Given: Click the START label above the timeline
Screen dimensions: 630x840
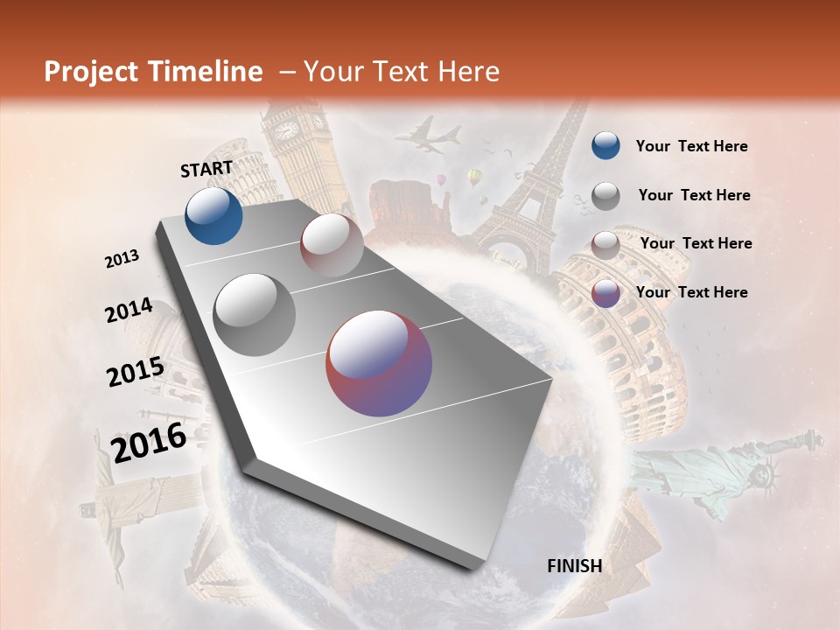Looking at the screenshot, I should click(x=206, y=168).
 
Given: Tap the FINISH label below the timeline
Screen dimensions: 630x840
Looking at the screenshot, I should click(x=574, y=565).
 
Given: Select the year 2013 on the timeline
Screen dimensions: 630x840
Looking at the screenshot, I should click(x=122, y=259).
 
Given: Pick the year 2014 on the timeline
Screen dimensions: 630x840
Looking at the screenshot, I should click(x=129, y=311).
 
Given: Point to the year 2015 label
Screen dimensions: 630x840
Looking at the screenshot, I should click(x=135, y=371).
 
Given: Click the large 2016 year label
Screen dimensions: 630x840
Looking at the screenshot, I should click(x=149, y=443).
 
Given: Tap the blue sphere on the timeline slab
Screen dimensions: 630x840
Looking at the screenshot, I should click(x=213, y=215).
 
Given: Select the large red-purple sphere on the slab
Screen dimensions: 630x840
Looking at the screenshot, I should click(x=379, y=363).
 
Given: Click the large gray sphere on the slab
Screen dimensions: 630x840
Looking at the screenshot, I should click(x=255, y=314).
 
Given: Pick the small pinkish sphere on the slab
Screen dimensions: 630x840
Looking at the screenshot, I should click(x=332, y=245).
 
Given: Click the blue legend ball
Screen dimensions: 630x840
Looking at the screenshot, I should click(x=605, y=145).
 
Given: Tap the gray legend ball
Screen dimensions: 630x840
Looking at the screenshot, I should click(x=605, y=195).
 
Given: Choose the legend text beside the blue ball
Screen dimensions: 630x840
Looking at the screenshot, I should click(x=691, y=146).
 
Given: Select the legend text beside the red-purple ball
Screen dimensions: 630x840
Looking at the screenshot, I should click(x=691, y=292).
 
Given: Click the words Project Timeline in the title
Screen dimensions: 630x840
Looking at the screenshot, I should click(x=153, y=72).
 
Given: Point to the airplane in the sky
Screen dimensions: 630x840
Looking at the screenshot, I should click(x=427, y=136).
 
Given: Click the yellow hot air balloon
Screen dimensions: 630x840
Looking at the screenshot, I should click(x=474, y=178).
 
